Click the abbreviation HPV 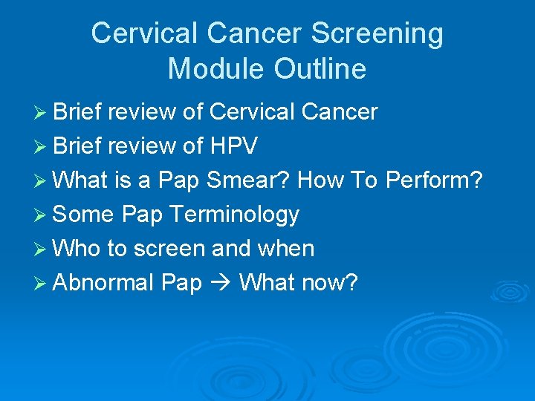pos(233,146)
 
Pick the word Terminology pos(234,215)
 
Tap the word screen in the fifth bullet pos(170,249)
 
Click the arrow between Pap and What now pos(221,283)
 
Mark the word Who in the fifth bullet pos(78,249)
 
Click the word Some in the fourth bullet pos(84,215)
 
